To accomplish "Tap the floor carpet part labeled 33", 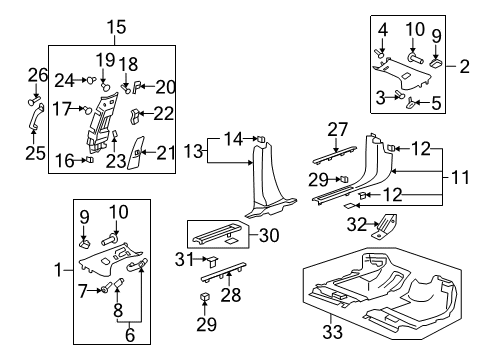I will pyautogui.click(x=380, y=290).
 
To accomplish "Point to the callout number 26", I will pyautogui.click(x=37, y=74).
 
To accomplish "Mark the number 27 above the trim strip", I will pyautogui.click(x=337, y=128).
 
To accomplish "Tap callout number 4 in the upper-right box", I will pyautogui.click(x=384, y=27).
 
